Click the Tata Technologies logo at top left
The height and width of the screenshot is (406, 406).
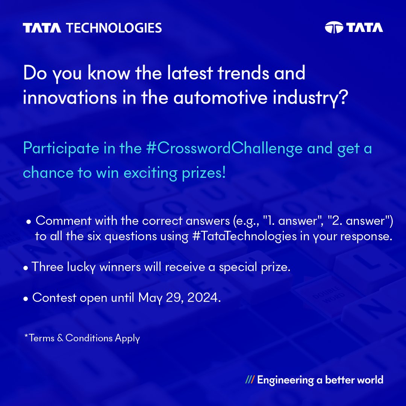tap(92, 28)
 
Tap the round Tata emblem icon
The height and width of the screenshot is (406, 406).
tap(334, 28)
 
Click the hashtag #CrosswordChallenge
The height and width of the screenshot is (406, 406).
tap(224, 148)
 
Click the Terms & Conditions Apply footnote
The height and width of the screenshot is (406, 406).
tap(82, 338)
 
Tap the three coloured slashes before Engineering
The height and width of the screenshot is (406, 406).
tap(249, 380)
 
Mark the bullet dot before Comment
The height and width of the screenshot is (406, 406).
tap(28, 222)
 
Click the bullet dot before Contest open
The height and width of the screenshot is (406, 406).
tap(26, 298)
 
